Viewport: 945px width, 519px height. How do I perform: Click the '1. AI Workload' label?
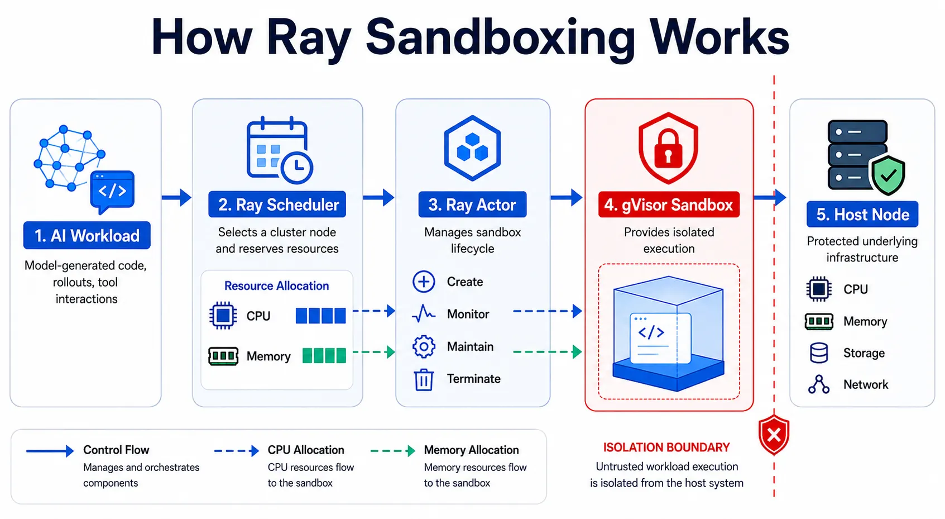pos(87,235)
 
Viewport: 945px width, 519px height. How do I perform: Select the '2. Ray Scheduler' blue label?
pos(277,204)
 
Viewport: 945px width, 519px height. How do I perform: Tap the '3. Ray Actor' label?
pos(472,204)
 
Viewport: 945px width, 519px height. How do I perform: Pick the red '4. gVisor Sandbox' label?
pos(669,204)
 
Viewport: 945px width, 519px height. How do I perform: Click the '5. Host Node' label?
pos(862,214)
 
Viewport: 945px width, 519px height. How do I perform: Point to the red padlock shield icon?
pos(668,148)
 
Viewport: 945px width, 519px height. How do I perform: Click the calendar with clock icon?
pos(279,150)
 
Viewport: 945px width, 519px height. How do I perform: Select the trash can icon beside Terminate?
pos(424,380)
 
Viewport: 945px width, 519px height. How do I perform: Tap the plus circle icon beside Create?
pos(424,282)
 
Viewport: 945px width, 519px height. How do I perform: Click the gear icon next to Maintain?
pos(424,347)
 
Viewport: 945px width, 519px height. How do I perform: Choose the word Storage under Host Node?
pos(864,353)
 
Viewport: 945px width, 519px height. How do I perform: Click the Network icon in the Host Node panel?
pos(819,384)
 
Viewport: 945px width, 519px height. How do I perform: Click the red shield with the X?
pos(774,435)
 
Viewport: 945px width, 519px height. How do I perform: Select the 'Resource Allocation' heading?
pos(276,286)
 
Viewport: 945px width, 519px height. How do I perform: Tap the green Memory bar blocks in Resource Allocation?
pos(324,355)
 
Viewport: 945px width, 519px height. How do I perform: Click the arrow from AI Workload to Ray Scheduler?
pos(176,197)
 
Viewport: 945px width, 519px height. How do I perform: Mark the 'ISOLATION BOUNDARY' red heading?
pos(666,447)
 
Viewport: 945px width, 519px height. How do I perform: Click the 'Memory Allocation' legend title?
pos(471,450)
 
